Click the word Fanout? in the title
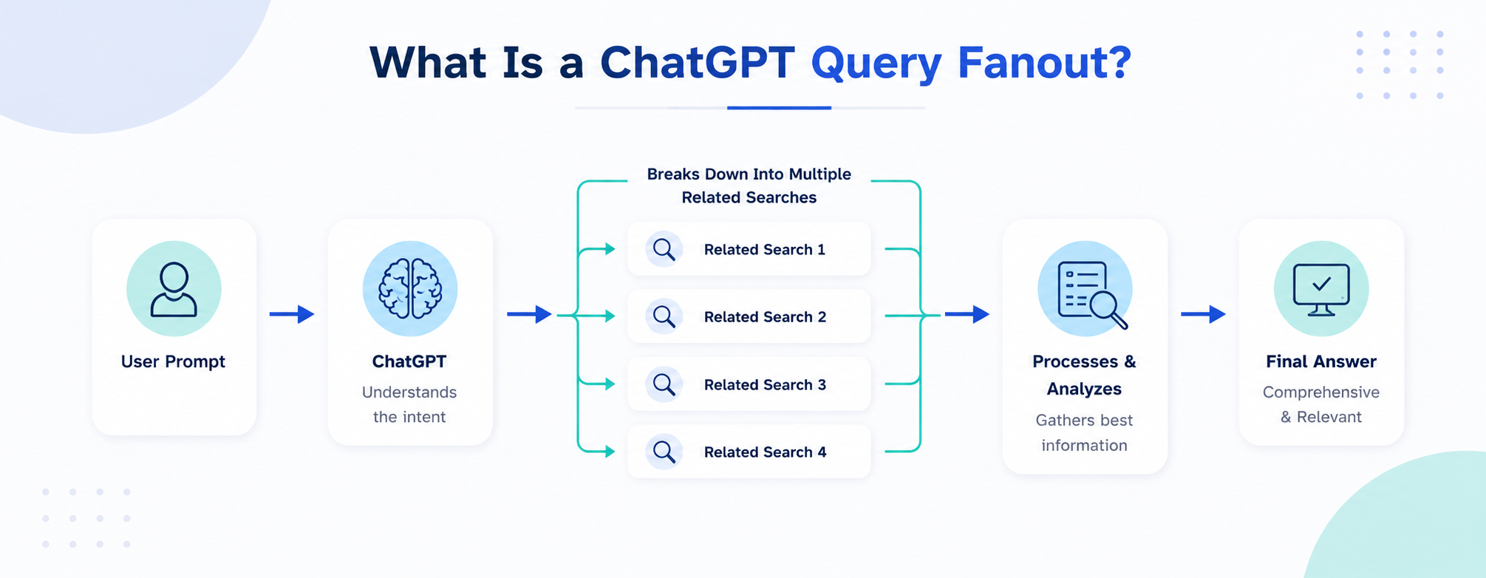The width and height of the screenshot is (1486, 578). point(1044,62)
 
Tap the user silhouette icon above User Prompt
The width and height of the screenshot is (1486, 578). point(174,289)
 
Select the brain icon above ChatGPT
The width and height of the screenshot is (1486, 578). point(410,288)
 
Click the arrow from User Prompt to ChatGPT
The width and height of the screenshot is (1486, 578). point(292,314)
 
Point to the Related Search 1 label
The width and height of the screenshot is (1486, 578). point(764,250)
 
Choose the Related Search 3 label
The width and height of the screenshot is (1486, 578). point(765,385)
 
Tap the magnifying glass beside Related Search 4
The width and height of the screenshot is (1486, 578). point(664,452)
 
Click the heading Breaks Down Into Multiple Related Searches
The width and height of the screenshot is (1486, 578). point(749,186)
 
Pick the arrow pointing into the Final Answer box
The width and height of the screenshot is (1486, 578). point(1203,314)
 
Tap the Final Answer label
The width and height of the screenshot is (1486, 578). point(1321,361)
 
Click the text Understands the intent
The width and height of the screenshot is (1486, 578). point(409,404)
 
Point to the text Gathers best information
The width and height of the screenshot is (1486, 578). point(1084,432)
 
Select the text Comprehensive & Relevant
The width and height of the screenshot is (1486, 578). point(1321,404)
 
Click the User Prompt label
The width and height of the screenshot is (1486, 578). point(173,362)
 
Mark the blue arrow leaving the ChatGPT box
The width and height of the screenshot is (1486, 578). point(529,314)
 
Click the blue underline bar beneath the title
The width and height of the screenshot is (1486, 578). point(779,108)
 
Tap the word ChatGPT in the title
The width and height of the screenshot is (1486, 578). point(697,62)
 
